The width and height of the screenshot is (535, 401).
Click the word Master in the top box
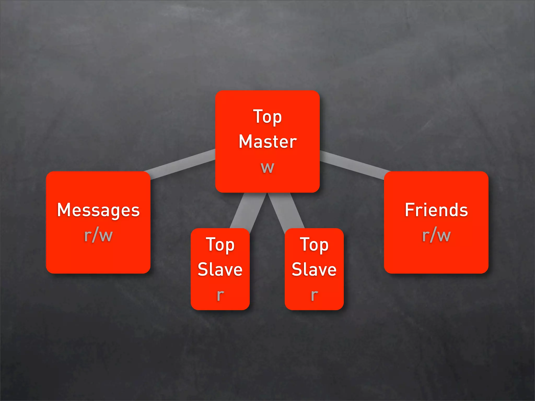tap(268, 142)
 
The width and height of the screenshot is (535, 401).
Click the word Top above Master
tap(267, 117)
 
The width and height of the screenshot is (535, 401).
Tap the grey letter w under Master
tap(267, 167)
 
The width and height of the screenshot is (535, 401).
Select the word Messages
tap(98, 210)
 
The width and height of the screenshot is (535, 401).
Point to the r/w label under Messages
tap(98, 235)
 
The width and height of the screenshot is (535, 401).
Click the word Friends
tap(436, 210)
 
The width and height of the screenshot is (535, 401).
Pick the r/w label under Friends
tap(436, 235)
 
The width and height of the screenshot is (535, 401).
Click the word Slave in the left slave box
tap(220, 269)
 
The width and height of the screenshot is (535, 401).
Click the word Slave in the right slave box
tap(314, 269)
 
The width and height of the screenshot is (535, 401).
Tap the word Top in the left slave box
tap(220, 245)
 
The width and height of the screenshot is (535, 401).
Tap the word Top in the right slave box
tap(314, 245)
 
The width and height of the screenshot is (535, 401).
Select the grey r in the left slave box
tap(220, 295)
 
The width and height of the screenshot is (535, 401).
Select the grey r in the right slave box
tap(314, 295)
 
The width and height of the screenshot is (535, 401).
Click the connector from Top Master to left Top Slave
tap(247, 211)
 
